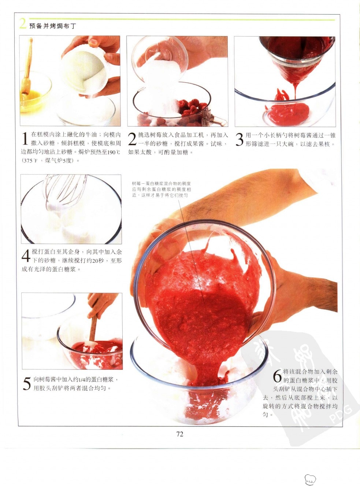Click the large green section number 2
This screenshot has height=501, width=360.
click(x=23, y=24)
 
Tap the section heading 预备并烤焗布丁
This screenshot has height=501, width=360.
click(x=53, y=26)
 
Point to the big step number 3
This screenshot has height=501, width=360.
click(x=240, y=139)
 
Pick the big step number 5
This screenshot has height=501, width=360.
click(x=27, y=384)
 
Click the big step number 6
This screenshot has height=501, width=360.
click(x=277, y=376)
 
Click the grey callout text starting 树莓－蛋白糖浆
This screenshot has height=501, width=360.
click(x=162, y=190)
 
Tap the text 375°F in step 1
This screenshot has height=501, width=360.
click(x=29, y=161)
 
